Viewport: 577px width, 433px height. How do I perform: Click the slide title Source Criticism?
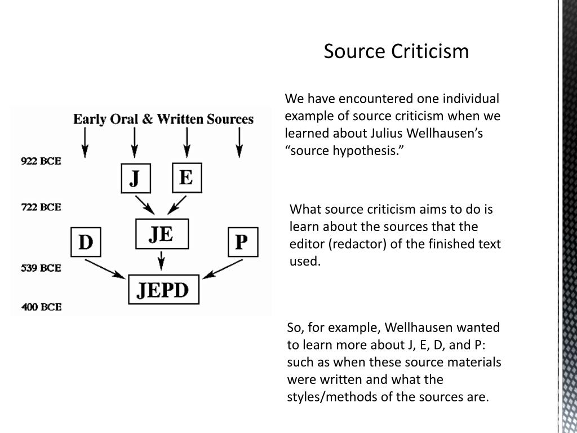coord(396,51)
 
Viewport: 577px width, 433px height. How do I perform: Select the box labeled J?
coord(135,178)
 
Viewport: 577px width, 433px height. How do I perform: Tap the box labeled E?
coord(186,178)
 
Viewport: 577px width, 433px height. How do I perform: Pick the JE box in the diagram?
coord(161,233)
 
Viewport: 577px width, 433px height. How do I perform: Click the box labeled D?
coord(85,242)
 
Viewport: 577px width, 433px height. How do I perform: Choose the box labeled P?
coord(242,242)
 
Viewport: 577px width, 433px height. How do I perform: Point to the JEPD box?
coord(163,289)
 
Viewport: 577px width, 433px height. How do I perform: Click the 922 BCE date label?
coord(41,161)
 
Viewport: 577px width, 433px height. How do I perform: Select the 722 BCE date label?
coord(41,207)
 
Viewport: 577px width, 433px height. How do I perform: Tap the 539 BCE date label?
coord(41,268)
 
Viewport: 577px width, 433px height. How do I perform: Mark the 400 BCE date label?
coord(41,307)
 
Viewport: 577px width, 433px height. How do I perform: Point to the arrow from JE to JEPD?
coord(162,260)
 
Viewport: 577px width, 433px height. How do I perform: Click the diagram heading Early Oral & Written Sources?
coord(163,119)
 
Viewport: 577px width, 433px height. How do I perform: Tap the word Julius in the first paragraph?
coord(370,134)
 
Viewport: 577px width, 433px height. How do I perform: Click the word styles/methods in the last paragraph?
coord(321,396)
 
